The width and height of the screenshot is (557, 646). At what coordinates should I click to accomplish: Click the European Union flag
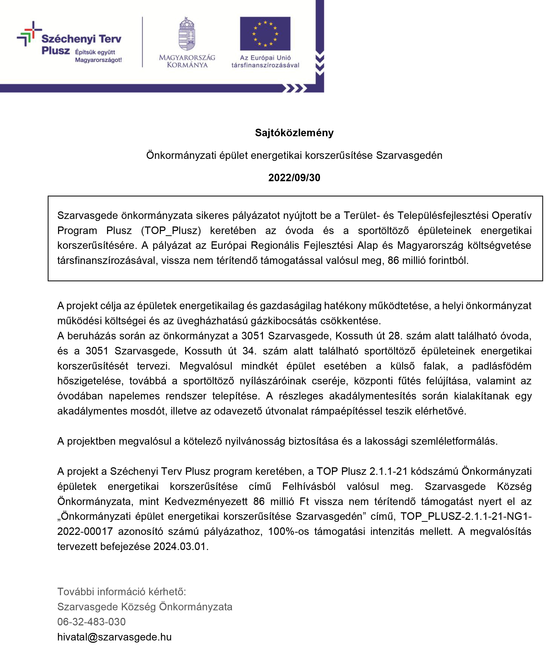265,34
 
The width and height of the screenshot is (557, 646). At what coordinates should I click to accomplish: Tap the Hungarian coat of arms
187,34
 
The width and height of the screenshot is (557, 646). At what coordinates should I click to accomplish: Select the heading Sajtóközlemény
294,133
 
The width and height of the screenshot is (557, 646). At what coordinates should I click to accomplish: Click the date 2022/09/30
294,178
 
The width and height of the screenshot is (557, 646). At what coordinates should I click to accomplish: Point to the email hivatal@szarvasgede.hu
114,637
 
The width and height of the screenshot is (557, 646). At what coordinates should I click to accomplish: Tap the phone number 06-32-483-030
91,622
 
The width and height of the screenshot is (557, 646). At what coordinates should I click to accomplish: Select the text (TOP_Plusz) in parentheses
171,230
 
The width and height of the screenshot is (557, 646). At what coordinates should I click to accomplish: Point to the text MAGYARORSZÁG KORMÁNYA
187,61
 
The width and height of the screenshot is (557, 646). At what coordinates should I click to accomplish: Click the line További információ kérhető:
122,591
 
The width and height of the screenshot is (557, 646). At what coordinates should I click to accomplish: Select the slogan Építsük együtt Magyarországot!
98,56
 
